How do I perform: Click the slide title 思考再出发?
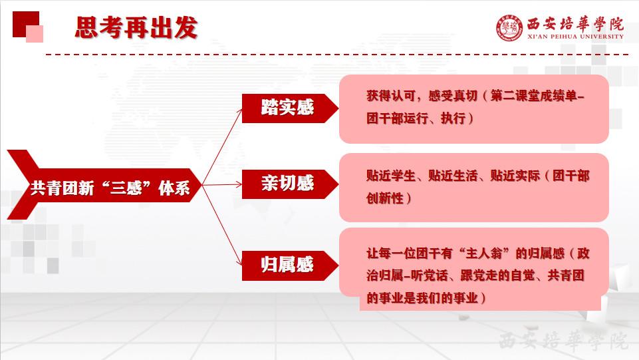pyautogui.click(x=136, y=28)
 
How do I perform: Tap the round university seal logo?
pyautogui.click(x=509, y=28)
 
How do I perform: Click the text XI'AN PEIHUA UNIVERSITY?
pyautogui.click(x=575, y=37)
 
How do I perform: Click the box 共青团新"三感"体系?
pyautogui.click(x=105, y=185)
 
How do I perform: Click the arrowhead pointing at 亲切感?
pyautogui.click(x=239, y=184)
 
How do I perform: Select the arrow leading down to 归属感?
pyautogui.click(x=222, y=225)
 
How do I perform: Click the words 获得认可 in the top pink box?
pyautogui.click(x=391, y=95)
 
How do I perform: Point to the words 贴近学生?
pyautogui.click(x=391, y=176)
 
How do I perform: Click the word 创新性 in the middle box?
pyautogui.click(x=385, y=198)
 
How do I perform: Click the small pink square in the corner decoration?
pyautogui.click(x=35, y=34)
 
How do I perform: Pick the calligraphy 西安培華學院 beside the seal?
pyautogui.click(x=575, y=24)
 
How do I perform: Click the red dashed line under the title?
pyautogui.click(x=337, y=54)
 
